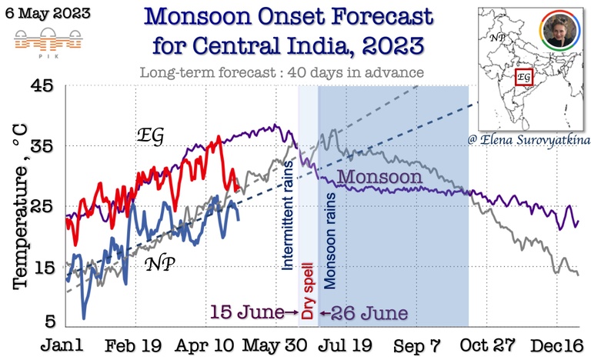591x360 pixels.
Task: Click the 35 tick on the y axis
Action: click(41, 145)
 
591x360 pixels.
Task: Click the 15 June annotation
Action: click(249, 313)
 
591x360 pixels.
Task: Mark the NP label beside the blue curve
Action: click(161, 263)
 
